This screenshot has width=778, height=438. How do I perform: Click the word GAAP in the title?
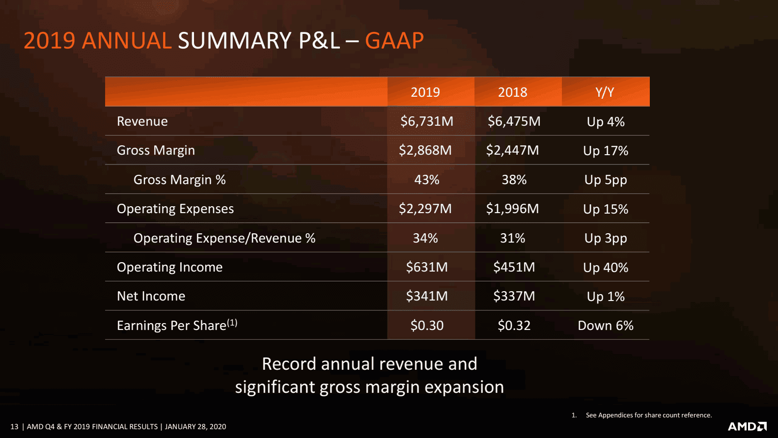pyautogui.click(x=394, y=41)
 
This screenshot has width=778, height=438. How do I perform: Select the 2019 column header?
pyautogui.click(x=425, y=92)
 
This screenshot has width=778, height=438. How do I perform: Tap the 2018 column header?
pyautogui.click(x=512, y=92)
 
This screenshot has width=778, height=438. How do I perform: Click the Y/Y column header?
pyautogui.click(x=605, y=92)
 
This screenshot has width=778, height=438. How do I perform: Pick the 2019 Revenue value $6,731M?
pyautogui.click(x=427, y=121)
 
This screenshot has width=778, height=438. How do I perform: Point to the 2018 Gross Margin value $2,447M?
pyautogui.click(x=512, y=150)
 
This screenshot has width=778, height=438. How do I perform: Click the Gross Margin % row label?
pyautogui.click(x=179, y=180)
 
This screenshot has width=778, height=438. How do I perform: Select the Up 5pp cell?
pyautogui.click(x=606, y=180)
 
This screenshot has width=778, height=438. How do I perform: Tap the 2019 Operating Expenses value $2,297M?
pyautogui.click(x=425, y=209)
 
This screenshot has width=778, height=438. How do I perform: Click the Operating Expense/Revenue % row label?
pyautogui.click(x=224, y=238)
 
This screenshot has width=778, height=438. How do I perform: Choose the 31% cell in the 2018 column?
pyautogui.click(x=512, y=238)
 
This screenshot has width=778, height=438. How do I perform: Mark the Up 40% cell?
pyautogui.click(x=606, y=268)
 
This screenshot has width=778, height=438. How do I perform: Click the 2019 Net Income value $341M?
pyautogui.click(x=427, y=296)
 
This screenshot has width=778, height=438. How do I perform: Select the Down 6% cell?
pyautogui.click(x=606, y=326)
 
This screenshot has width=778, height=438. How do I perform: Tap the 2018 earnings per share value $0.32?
pyautogui.click(x=514, y=326)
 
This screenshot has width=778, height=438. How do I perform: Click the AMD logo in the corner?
pyautogui.click(x=747, y=426)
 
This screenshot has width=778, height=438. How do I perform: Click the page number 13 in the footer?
pyautogui.click(x=14, y=427)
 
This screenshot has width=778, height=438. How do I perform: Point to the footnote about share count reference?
pyautogui.click(x=648, y=415)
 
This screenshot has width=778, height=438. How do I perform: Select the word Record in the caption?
pyautogui.click(x=289, y=364)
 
